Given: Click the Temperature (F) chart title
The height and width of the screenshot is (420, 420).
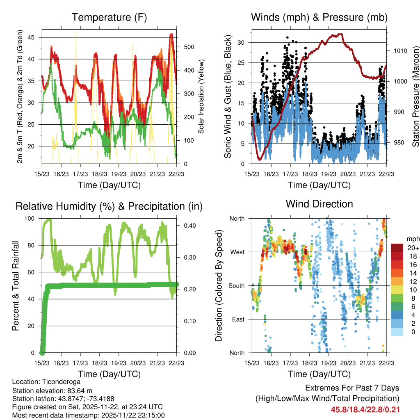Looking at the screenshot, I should click(x=109, y=18).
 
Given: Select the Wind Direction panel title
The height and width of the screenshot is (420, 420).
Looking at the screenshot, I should click(x=319, y=204).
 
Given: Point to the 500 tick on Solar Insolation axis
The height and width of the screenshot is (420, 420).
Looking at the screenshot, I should click(x=183, y=47).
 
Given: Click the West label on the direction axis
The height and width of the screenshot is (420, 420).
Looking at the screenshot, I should click(x=237, y=252).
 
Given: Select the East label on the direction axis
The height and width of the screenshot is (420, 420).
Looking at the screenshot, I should click(x=237, y=319).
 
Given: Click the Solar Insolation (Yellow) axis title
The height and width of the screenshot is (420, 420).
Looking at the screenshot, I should click(x=201, y=97).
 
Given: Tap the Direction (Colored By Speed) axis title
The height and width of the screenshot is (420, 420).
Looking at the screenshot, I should click(x=219, y=285).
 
